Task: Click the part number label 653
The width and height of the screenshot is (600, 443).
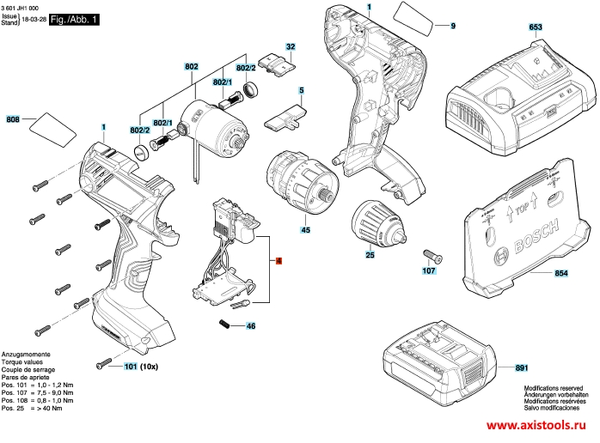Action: click(x=536, y=27)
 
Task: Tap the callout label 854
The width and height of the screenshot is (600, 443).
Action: click(x=561, y=274)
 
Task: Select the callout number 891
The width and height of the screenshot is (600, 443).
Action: click(x=521, y=368)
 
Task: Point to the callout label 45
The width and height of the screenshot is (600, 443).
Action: click(x=305, y=230)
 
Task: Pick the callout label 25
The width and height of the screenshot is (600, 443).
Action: click(x=370, y=255)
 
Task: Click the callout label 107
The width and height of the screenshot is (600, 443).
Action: click(x=429, y=271)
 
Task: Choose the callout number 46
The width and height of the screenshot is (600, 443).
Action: click(x=251, y=326)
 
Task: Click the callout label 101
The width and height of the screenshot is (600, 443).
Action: click(x=130, y=367)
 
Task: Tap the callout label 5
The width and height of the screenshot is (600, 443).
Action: click(x=302, y=89)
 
